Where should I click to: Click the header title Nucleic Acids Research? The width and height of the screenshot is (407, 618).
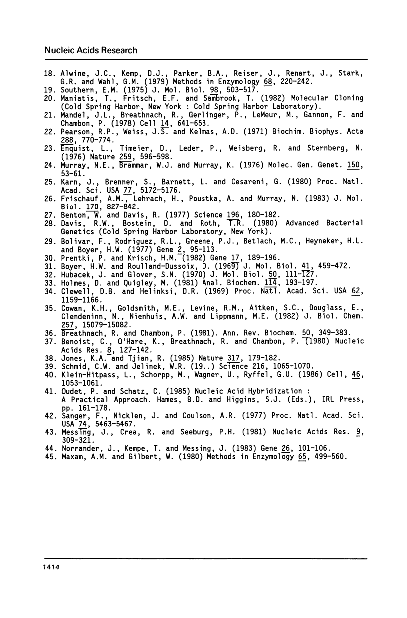click(91, 50)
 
